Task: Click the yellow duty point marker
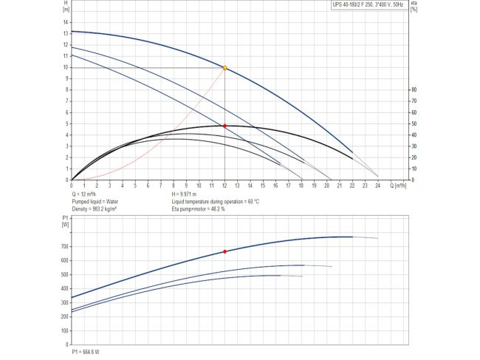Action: (224, 68)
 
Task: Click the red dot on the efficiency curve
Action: (224, 126)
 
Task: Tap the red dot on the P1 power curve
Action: (224, 251)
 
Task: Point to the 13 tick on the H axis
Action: (66, 33)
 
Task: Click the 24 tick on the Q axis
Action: (378, 186)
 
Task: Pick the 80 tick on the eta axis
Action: (414, 89)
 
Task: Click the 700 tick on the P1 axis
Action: (64, 246)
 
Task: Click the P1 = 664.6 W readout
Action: (86, 351)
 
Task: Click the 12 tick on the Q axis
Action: (224, 186)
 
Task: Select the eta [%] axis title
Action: (415, 6)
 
